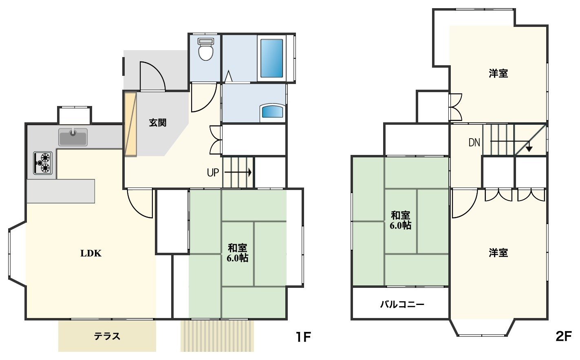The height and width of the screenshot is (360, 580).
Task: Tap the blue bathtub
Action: point(271,58)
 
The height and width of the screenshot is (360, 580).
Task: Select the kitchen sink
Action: point(73,137)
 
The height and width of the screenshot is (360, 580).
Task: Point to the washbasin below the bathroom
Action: point(272,111)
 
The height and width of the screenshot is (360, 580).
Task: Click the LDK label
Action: point(90,253)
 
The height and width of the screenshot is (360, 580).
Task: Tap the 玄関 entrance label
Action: point(157,122)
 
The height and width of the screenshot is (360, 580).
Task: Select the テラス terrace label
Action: point(107,336)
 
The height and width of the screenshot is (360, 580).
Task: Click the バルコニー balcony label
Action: point(402,304)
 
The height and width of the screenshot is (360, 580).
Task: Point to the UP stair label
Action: point(213,172)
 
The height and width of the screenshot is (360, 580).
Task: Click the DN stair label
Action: point(474,142)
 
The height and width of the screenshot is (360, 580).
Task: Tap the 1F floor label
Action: point(303,337)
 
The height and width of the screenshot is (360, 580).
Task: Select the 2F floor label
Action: point(564,336)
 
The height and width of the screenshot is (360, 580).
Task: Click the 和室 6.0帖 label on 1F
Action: point(238,253)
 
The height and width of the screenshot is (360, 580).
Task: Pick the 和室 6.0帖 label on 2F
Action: point(400,220)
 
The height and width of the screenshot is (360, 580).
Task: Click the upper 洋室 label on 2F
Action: point(498,73)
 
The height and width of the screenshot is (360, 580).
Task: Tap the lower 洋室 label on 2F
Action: point(498,253)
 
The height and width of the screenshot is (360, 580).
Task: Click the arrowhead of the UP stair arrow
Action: point(249,172)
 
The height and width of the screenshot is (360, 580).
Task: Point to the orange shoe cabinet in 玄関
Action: point(130,124)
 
